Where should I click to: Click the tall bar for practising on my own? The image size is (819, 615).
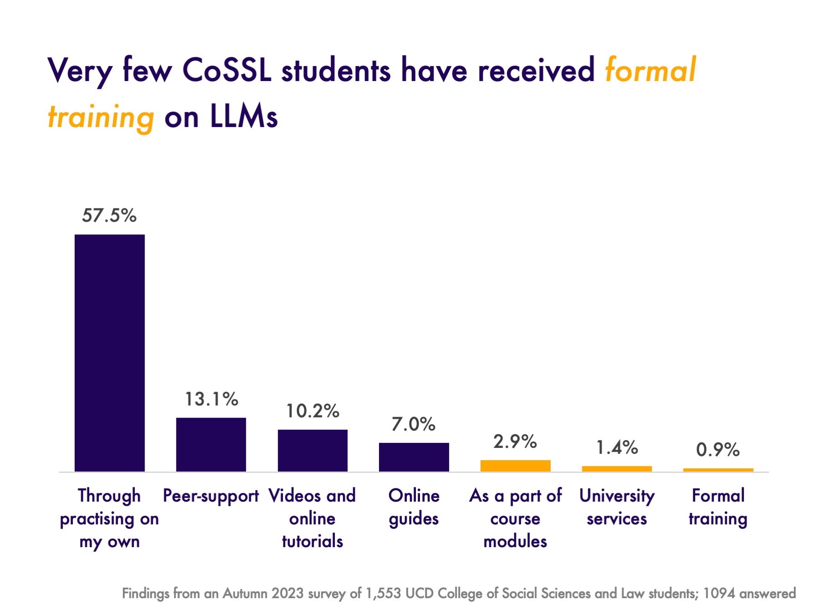point(110,353)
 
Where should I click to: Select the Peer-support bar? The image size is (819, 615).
point(211,444)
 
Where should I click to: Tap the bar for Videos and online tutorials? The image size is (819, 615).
point(313,450)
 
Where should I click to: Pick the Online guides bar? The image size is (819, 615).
point(414,457)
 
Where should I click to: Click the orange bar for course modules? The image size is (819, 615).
point(516,466)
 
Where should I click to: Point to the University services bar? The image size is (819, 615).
point(617,469)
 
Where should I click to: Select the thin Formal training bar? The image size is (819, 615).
point(718,470)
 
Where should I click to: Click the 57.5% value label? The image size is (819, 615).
point(109,215)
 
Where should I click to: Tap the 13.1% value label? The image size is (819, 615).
point(211,399)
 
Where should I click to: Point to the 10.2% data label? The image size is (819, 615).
point(313,411)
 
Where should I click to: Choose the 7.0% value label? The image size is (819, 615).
point(414,424)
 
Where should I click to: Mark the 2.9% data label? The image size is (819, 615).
point(515,442)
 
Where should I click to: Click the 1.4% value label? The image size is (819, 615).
point(617,447)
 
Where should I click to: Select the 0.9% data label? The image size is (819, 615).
point(718,450)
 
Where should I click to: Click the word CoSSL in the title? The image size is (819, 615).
point(227,71)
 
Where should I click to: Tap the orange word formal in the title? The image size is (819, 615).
point(651,71)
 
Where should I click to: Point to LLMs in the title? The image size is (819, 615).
point(243,117)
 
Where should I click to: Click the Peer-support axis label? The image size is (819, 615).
point(211,496)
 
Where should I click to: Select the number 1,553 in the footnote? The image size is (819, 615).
point(384,594)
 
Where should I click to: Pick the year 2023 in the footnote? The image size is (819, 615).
point(288,594)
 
